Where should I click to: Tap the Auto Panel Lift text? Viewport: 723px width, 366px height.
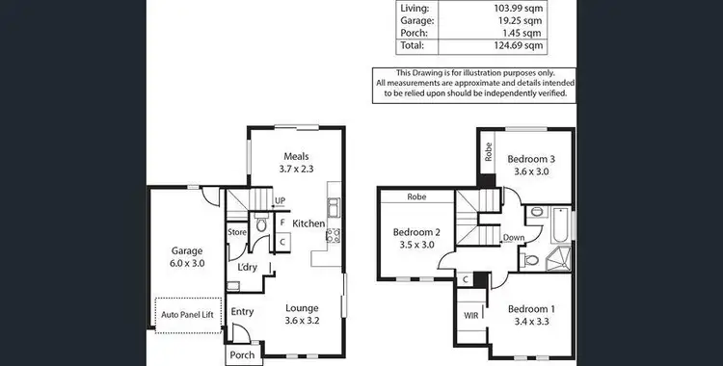(188, 315)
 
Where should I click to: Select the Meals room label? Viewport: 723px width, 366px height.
(295, 156)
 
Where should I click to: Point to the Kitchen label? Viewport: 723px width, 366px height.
(308, 223)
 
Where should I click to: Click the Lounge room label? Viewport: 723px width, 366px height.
(301, 309)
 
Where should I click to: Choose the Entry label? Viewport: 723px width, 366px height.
(242, 310)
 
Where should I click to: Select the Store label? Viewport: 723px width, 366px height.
(237, 231)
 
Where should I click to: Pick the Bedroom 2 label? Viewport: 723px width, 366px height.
(416, 232)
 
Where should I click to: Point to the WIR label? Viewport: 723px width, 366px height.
(470, 314)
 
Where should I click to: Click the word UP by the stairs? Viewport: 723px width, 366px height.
(280, 201)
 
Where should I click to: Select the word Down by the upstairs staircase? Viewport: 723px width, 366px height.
(513, 238)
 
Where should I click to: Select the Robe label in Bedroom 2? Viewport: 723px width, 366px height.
(416, 197)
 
